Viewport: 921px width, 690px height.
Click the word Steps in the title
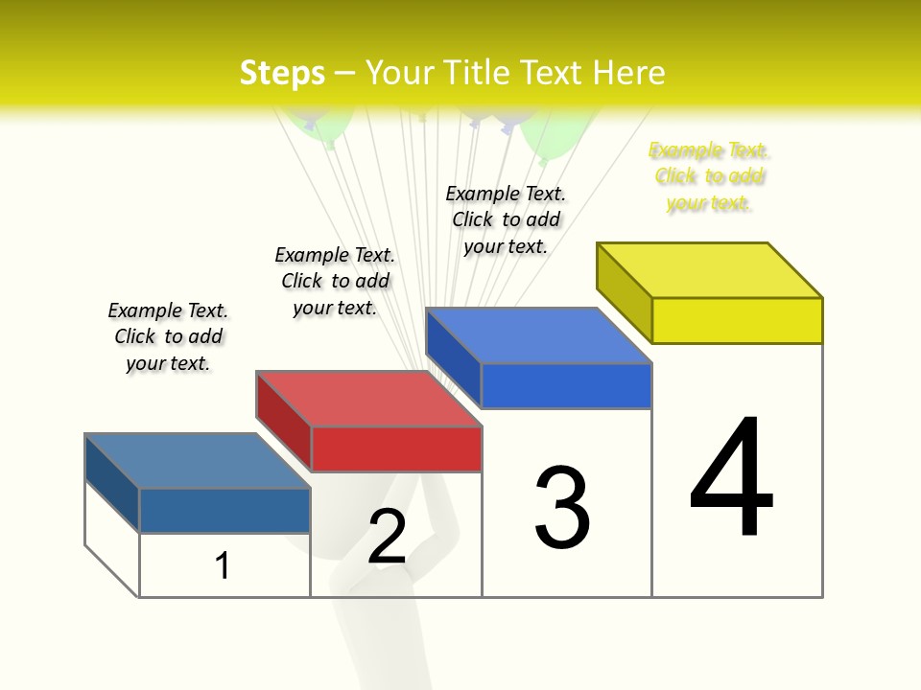click(x=281, y=73)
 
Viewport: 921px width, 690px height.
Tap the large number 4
click(x=731, y=478)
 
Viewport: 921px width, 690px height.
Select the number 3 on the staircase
click(x=562, y=509)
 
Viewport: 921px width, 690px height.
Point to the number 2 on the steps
click(x=387, y=537)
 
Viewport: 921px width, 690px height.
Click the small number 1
click(x=223, y=565)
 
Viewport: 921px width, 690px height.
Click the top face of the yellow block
click(x=710, y=269)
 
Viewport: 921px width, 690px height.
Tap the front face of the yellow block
click(x=737, y=320)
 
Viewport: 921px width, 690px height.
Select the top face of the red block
click(x=368, y=398)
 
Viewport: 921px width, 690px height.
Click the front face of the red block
click(x=396, y=448)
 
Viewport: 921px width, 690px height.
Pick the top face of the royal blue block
click(x=539, y=335)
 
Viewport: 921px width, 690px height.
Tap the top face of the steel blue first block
click(x=198, y=460)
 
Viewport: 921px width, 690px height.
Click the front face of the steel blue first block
click(x=224, y=510)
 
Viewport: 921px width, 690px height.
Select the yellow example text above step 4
click(x=709, y=176)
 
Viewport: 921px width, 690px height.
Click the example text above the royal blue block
click(x=506, y=219)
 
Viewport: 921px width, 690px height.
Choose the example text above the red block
click(x=335, y=281)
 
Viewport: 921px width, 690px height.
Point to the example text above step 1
click(x=168, y=336)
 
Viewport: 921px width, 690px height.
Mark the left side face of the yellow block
click(x=624, y=292)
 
